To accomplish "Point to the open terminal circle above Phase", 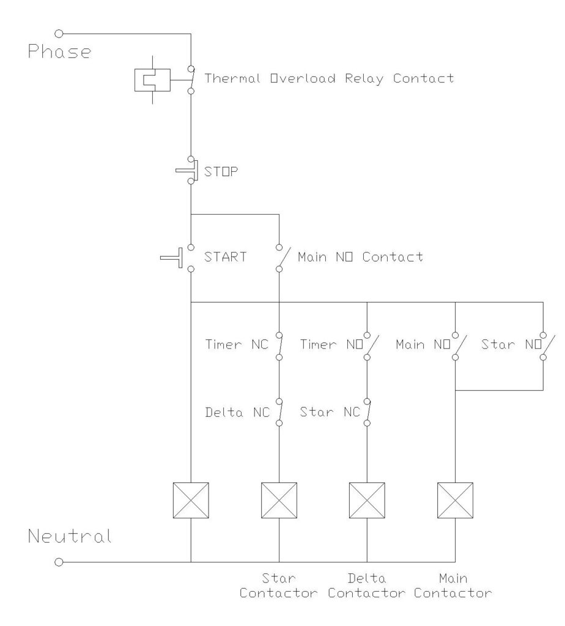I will (59, 32).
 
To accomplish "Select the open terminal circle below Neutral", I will (59, 561).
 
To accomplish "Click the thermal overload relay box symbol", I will (151, 79).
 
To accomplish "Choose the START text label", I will (226, 257).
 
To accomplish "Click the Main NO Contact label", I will (360, 257).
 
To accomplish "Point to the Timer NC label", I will (235, 345).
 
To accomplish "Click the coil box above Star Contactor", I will (279, 501).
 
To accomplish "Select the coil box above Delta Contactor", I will (367, 501).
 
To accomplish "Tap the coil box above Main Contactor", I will (456, 501).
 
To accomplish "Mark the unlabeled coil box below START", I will (191, 501).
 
